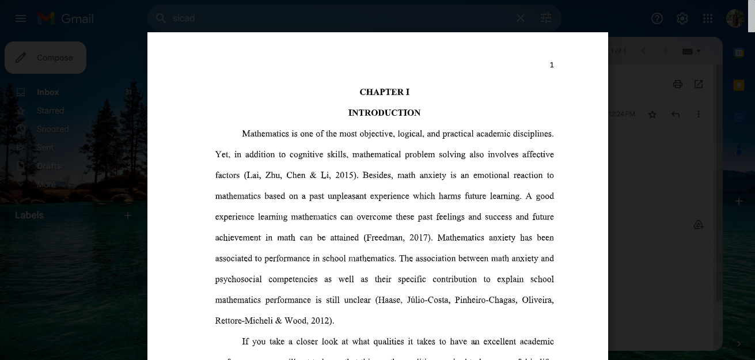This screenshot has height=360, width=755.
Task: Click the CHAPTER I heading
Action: tap(384, 92)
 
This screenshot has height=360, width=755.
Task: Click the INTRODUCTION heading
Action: tap(384, 113)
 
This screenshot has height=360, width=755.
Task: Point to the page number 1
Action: tap(552, 65)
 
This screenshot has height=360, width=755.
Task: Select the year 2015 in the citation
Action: tap(345, 176)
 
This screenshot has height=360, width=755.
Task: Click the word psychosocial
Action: tap(238, 279)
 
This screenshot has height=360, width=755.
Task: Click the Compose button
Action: tap(45, 58)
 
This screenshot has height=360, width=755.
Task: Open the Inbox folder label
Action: tap(48, 92)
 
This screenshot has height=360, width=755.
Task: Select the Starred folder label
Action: tap(50, 111)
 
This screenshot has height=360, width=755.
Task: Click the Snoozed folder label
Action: tap(52, 129)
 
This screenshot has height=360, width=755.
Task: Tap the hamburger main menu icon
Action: tap(21, 18)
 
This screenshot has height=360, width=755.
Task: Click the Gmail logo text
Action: tap(77, 18)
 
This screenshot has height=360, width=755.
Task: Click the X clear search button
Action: tap(521, 18)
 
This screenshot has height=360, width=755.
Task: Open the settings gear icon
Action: tap(682, 18)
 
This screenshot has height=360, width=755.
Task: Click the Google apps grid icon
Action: tap(708, 18)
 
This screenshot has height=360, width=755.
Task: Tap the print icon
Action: tap(678, 84)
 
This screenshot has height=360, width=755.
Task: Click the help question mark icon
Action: tap(657, 18)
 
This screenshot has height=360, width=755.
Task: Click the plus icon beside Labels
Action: tap(128, 215)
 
